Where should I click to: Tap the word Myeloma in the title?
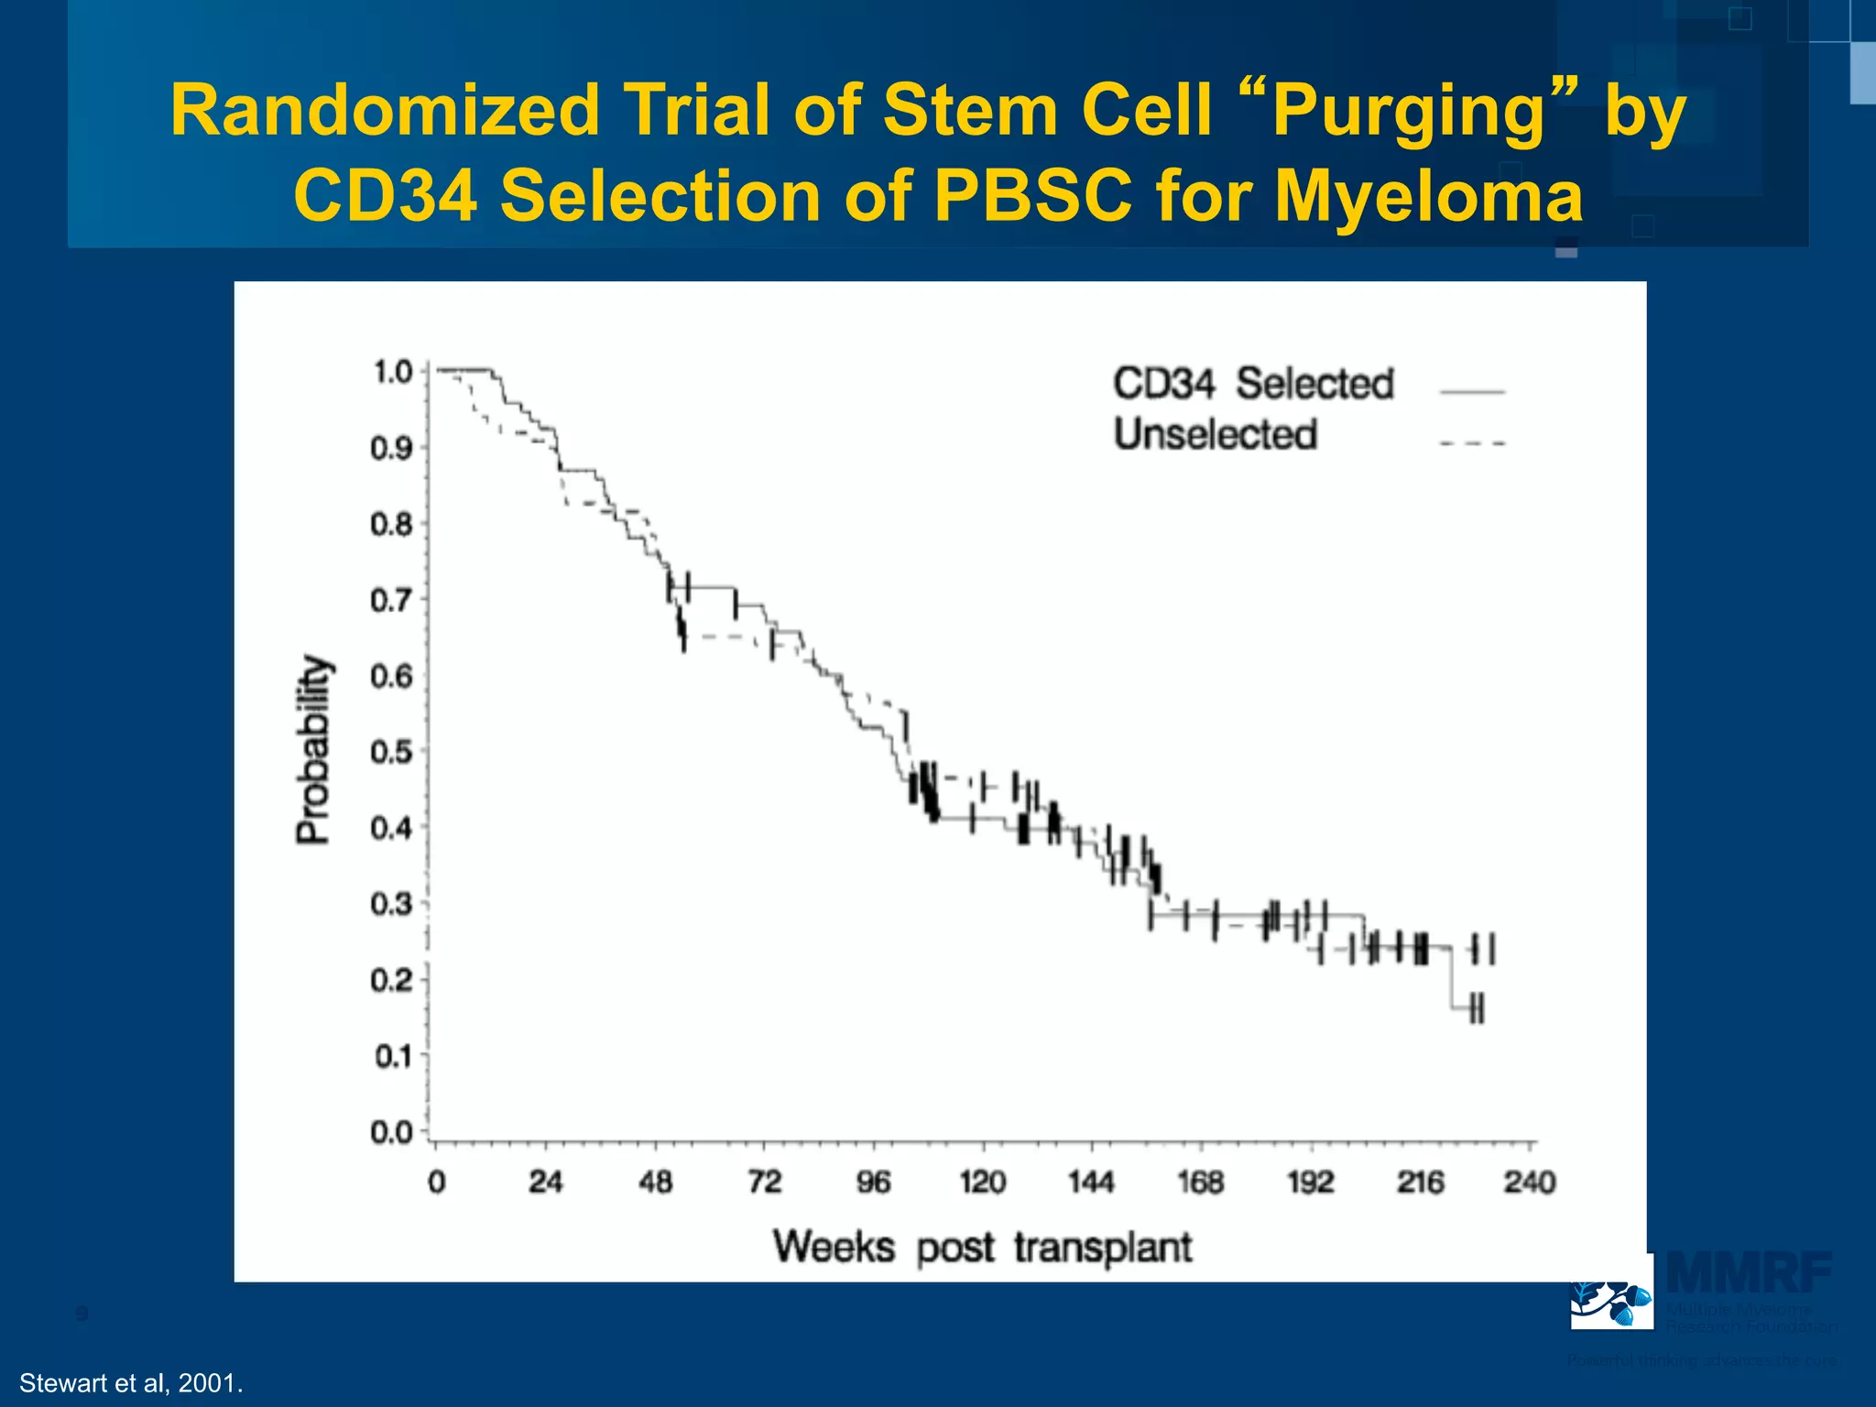[x=1429, y=196]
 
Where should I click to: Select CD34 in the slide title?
[x=386, y=196]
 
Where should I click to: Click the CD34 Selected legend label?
[x=1253, y=384]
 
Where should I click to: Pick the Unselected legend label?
[x=1216, y=434]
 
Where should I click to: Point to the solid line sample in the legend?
[x=1472, y=392]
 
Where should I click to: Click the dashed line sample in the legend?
[x=1472, y=443]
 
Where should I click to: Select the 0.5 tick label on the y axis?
[x=392, y=753]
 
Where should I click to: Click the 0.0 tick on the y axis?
[x=392, y=1133]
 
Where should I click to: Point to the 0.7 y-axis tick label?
[x=392, y=601]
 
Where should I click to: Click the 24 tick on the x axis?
[x=545, y=1183]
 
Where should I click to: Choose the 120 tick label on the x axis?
[x=982, y=1183]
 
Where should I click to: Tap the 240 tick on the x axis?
[x=1529, y=1183]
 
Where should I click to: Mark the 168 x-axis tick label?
[x=1200, y=1183]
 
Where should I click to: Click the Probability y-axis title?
[x=312, y=749]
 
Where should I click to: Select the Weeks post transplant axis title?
[x=982, y=1248]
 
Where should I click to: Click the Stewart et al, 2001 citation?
[x=131, y=1383]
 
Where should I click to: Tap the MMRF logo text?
[x=1748, y=1273]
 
